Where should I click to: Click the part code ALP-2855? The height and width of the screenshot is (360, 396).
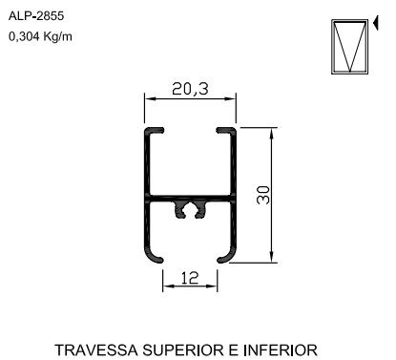point(36,15)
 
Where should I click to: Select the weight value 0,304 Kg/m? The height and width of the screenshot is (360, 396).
point(40,37)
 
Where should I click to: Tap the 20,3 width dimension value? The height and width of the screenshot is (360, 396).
point(190,89)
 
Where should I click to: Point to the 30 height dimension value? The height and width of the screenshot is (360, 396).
point(263,195)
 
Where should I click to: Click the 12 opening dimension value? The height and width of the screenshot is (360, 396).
point(190,278)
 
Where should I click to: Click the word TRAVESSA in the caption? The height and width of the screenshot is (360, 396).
point(96,350)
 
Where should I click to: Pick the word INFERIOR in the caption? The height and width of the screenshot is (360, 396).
point(281,350)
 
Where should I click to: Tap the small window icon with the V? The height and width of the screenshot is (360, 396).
point(349,47)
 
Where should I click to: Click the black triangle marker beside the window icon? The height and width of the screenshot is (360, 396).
point(376,23)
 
